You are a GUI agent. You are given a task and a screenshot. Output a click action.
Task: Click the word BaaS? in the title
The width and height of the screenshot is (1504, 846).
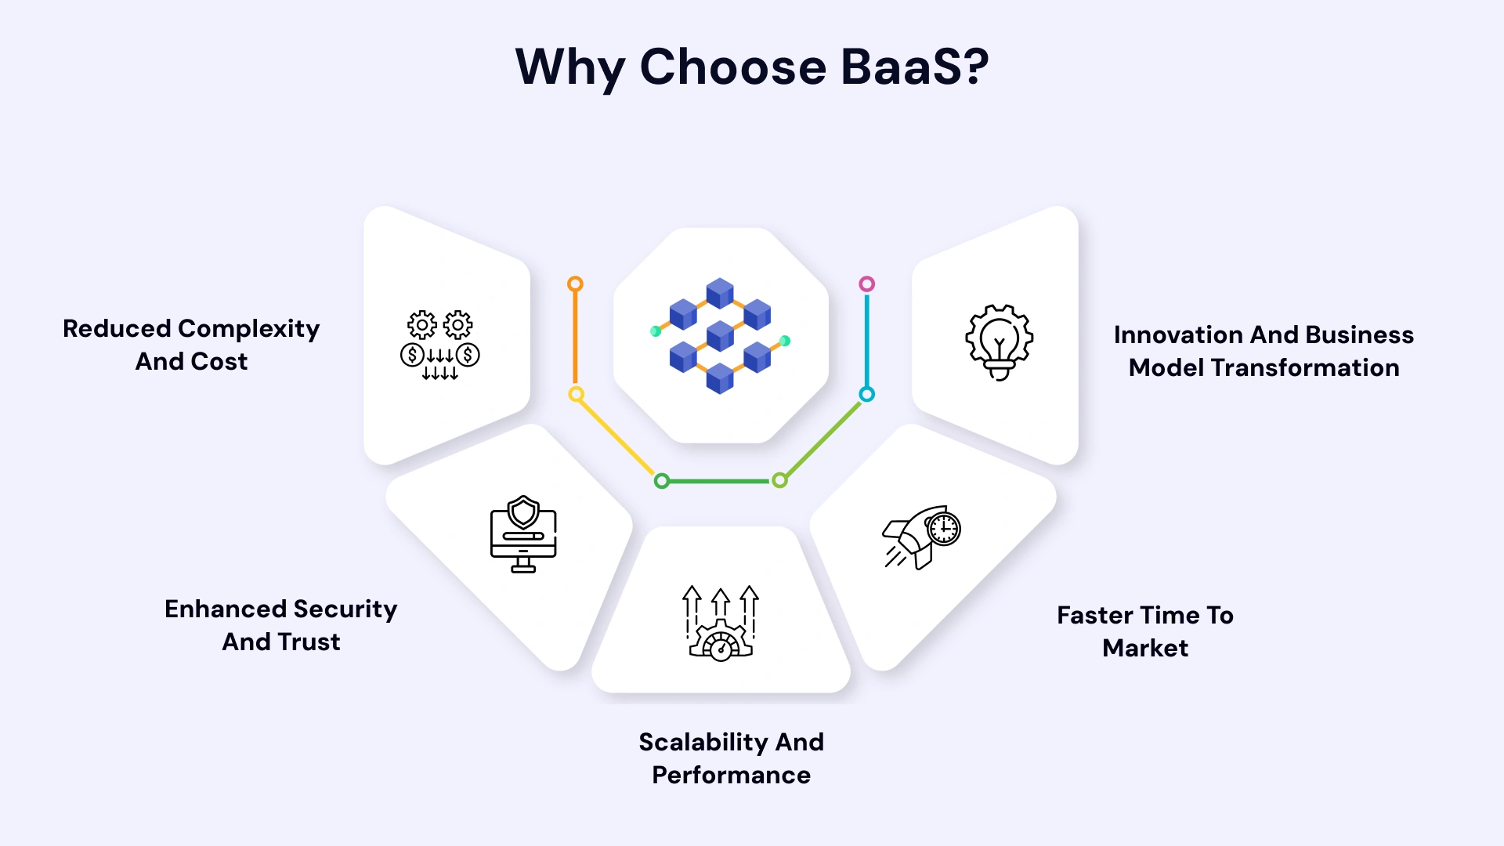click(x=914, y=67)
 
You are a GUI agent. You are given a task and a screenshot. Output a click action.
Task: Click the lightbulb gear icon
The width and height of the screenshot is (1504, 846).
click(x=999, y=342)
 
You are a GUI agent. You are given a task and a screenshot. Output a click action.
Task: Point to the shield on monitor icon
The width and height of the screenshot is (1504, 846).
click(x=523, y=533)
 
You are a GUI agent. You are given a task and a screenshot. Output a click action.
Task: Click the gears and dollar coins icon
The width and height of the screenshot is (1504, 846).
click(x=439, y=345)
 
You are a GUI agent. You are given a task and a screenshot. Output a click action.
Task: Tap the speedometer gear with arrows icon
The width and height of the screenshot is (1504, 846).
click(x=721, y=624)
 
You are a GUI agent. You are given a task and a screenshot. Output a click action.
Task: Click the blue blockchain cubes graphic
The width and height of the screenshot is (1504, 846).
click(x=720, y=335)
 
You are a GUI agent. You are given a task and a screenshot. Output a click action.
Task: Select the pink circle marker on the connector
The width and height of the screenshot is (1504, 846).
click(x=866, y=284)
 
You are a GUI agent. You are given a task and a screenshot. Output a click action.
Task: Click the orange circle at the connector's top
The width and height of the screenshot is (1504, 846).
click(x=575, y=284)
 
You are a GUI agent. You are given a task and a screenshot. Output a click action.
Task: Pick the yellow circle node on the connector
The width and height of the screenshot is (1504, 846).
click(x=576, y=394)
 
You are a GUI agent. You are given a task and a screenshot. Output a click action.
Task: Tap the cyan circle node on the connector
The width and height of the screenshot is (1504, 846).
click(x=866, y=394)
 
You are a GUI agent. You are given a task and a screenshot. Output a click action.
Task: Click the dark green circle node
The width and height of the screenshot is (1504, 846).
click(x=662, y=481)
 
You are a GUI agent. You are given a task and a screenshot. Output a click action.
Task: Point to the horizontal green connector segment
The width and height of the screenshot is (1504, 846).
click(x=721, y=481)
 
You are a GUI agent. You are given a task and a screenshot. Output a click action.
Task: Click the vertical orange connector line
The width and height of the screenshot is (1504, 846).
click(x=575, y=338)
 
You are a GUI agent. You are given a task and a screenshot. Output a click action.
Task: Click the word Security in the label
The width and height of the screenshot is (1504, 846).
click(x=345, y=609)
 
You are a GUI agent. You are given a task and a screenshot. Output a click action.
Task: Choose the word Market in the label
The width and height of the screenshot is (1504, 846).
click(x=1144, y=649)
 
